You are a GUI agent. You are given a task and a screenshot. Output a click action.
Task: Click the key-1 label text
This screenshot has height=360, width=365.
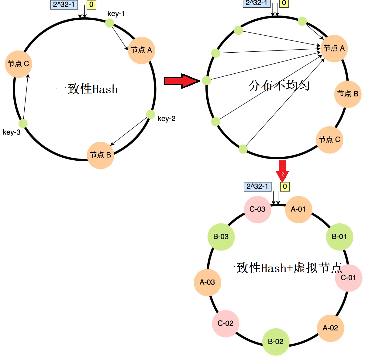point(116,14)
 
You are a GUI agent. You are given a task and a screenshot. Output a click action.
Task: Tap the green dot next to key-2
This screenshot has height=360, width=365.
point(150,114)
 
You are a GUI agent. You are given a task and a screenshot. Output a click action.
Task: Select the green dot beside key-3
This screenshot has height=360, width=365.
point(23,123)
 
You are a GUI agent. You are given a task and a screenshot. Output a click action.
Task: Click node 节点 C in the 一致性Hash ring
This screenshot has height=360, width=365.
point(19,64)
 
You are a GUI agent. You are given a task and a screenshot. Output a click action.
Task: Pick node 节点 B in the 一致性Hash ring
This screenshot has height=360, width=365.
point(100,155)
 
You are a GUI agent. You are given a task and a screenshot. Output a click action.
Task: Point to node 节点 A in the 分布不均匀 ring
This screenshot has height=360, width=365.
point(334,48)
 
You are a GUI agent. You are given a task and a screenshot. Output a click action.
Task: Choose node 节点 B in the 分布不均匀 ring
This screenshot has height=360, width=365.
point(348,94)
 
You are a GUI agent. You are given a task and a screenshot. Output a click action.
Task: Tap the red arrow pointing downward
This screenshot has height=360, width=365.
point(282,171)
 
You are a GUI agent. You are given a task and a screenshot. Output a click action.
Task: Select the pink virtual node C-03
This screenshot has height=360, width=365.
point(257,209)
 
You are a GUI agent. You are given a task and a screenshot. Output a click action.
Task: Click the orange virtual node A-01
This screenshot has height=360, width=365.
point(298,209)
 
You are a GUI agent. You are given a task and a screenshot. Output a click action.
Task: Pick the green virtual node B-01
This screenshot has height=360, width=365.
point(339,237)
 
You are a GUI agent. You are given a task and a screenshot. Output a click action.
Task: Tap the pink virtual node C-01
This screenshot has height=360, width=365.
point(348,278)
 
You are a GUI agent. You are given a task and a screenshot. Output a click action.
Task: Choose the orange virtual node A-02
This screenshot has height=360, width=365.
point(330,328)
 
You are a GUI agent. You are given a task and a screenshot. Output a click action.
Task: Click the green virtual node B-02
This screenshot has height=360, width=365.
point(276,342)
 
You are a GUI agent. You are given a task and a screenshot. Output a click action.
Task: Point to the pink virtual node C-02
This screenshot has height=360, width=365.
point(226,323)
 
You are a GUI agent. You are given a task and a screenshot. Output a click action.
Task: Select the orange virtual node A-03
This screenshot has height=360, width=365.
point(207,282)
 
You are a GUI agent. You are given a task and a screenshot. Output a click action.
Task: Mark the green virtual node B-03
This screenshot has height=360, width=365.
point(221,237)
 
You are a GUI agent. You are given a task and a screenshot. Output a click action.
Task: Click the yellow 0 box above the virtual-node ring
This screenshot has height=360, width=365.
point(285,187)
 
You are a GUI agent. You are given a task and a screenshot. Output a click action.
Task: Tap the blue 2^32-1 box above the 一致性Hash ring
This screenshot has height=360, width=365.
point(64,5)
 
